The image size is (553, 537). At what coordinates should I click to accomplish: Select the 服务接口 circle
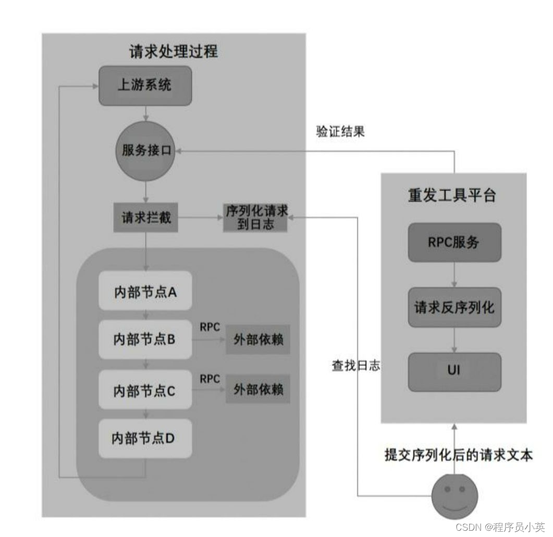[x=146, y=151]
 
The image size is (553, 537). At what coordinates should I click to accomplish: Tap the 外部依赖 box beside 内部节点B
[x=258, y=341]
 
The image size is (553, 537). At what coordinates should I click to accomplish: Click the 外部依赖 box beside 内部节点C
[x=258, y=390]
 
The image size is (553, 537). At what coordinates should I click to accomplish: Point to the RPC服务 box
[x=454, y=242]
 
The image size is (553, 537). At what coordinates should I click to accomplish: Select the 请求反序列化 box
[x=454, y=307]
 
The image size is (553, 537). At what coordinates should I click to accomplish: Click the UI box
[x=454, y=372]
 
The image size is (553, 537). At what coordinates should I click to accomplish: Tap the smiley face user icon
[x=454, y=496]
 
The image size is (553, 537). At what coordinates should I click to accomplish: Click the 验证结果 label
[x=340, y=131]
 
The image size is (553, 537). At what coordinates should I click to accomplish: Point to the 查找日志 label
[x=356, y=366]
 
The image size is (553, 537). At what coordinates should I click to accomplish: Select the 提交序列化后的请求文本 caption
[x=459, y=454]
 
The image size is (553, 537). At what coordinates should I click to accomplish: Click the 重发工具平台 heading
[x=452, y=195]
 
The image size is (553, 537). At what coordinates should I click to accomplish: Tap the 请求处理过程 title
[x=174, y=52]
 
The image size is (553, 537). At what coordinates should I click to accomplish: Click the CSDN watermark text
[x=500, y=528]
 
